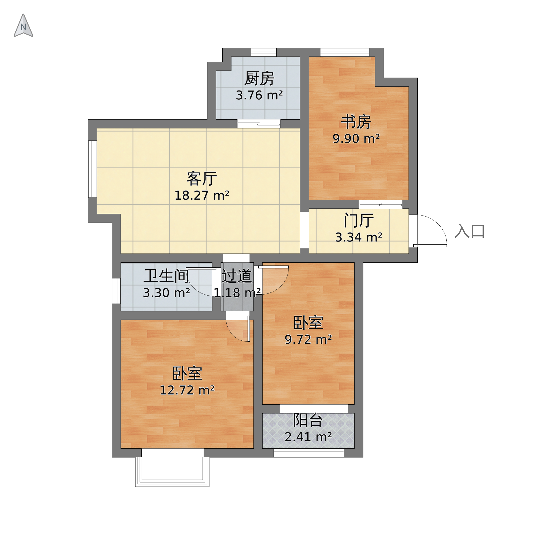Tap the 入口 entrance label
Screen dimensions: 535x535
470,231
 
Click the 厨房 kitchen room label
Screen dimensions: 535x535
259,78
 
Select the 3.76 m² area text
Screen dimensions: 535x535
259,95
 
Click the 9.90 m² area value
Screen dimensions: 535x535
356,139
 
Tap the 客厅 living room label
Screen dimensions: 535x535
202,179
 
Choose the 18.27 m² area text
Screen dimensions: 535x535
202,196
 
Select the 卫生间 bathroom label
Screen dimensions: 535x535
166,276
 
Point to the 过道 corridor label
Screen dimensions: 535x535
237,276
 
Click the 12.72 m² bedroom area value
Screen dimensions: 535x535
187,390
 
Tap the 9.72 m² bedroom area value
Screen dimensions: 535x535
308,339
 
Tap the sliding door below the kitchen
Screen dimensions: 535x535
259,124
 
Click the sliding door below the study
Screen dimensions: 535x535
381,204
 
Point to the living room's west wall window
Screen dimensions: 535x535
93,169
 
